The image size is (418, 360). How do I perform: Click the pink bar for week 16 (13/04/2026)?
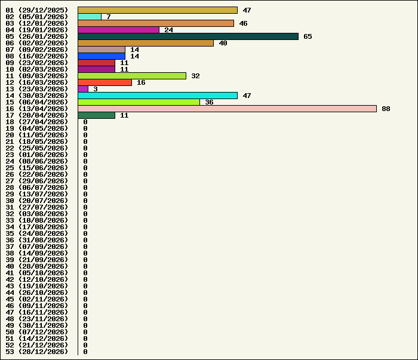[x=227, y=109]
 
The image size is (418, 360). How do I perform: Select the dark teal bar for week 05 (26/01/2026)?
[x=188, y=36]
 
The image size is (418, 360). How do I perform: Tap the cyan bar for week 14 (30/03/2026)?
[x=158, y=96]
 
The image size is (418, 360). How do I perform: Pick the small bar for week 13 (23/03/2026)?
[x=83, y=89]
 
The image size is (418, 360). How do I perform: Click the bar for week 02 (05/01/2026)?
[x=90, y=17]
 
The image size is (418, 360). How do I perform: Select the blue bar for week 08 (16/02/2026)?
[x=102, y=56]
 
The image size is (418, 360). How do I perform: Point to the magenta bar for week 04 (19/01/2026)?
[x=118, y=30]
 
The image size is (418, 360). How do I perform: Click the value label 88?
[x=386, y=109]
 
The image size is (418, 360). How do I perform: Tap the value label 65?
[x=308, y=36]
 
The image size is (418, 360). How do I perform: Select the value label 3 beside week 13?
[x=96, y=89]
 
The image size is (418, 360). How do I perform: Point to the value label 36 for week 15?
[x=209, y=102]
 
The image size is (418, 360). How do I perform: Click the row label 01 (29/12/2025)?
[x=37, y=10]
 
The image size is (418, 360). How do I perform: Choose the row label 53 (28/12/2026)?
[x=37, y=352]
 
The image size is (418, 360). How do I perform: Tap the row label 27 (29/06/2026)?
[x=37, y=181]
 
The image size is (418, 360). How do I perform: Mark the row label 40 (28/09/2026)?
[x=37, y=266]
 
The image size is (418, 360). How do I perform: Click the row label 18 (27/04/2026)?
[x=37, y=122]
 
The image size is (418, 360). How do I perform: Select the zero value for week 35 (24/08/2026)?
[x=85, y=233]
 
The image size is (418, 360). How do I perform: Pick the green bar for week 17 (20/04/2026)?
[x=96, y=115]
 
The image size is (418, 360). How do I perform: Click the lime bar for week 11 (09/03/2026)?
[x=132, y=76]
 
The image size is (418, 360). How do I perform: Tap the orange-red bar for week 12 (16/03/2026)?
[x=105, y=82]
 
